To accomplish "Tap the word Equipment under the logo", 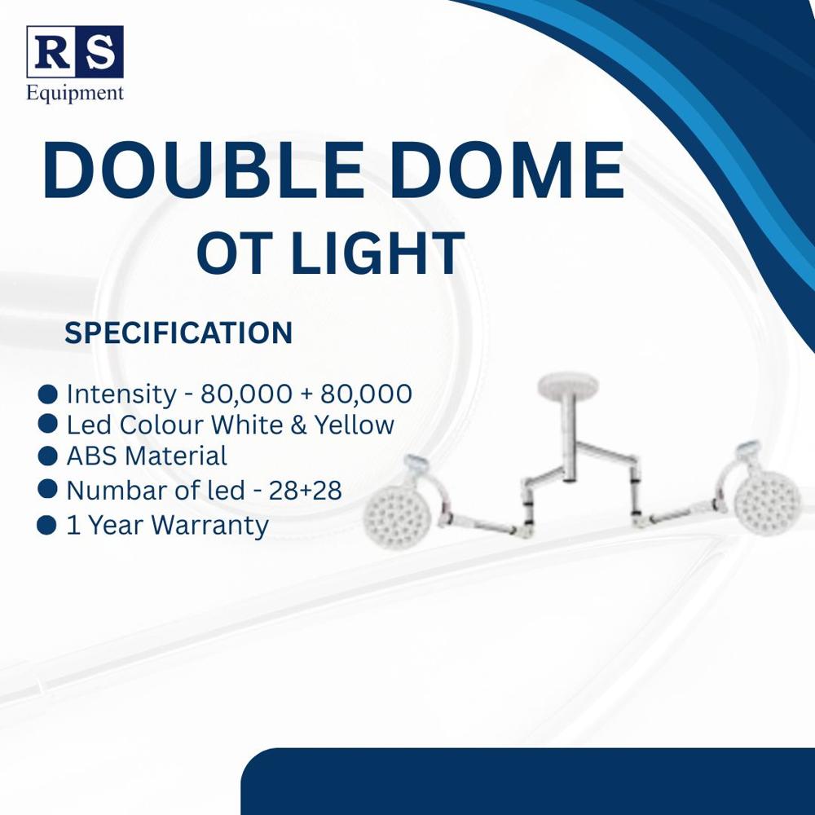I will click(x=75, y=92).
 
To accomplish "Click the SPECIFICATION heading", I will click(x=178, y=333).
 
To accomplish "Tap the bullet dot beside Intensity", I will click(x=49, y=394).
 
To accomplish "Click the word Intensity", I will click(x=121, y=394).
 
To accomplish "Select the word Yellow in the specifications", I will click(x=355, y=425).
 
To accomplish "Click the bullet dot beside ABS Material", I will click(x=49, y=455).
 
